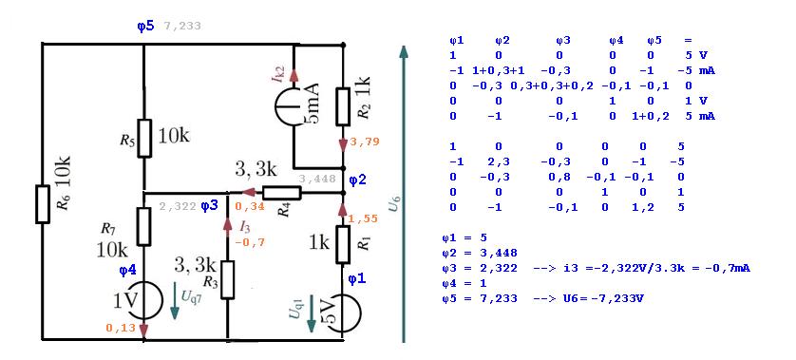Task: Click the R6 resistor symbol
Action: click(x=43, y=204)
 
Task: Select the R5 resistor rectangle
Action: click(x=144, y=138)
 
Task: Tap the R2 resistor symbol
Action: click(x=343, y=106)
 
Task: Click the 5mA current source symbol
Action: click(x=294, y=106)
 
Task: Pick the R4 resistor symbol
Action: click(x=282, y=193)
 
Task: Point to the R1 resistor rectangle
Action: click(x=343, y=245)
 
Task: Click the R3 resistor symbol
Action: click(x=227, y=279)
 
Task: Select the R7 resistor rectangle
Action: click(x=144, y=226)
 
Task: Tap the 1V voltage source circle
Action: click(x=144, y=300)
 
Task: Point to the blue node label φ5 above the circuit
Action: click(x=145, y=27)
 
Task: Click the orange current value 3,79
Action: click(x=364, y=142)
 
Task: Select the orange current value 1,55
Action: click(x=364, y=218)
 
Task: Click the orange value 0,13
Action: click(x=121, y=328)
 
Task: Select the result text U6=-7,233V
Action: click(x=605, y=298)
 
